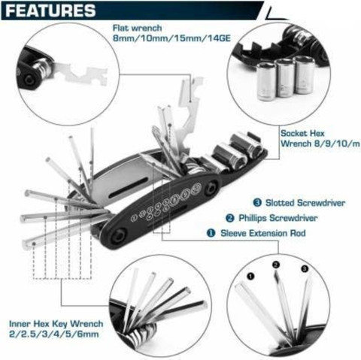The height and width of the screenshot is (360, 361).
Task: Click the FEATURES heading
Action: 52,11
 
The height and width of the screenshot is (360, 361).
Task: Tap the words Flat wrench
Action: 126,28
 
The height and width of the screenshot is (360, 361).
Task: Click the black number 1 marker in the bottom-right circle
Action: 249,276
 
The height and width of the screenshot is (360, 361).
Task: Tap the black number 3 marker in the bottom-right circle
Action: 305,268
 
